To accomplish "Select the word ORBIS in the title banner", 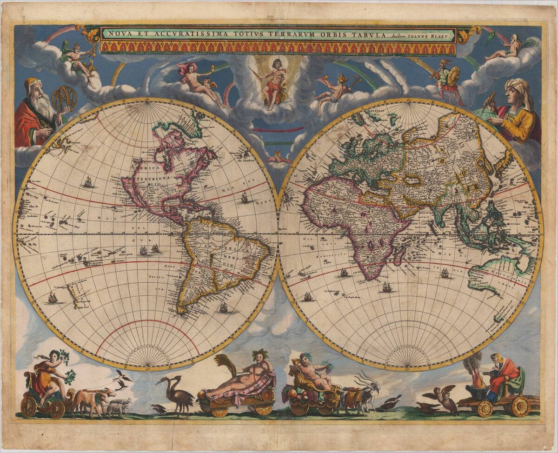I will [329, 34].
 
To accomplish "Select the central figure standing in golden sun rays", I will [276, 81].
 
